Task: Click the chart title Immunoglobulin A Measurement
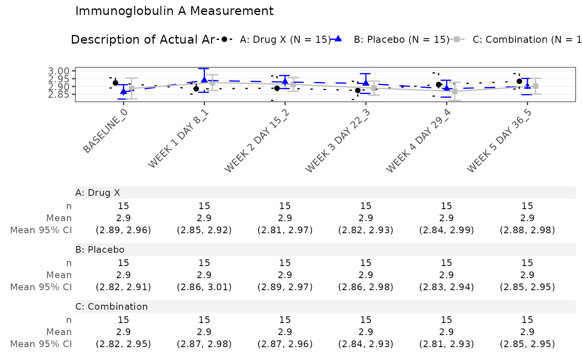pyautogui.click(x=174, y=11)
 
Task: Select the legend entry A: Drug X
pyautogui.click(x=284, y=40)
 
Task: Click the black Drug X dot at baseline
pyautogui.click(x=116, y=83)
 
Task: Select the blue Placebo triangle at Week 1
pyautogui.click(x=204, y=79)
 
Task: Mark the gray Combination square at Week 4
pyautogui.click(x=455, y=91)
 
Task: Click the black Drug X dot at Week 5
pyautogui.click(x=519, y=81)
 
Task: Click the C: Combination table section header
pyautogui.click(x=111, y=307)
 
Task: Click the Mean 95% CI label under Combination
pyautogui.click(x=41, y=344)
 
